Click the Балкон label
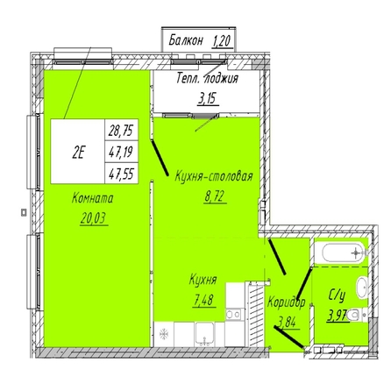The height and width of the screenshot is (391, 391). pyautogui.click(x=186, y=40)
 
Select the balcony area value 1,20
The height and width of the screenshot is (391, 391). pyautogui.click(x=222, y=41)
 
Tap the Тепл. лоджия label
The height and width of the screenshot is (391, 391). pyautogui.click(x=207, y=79)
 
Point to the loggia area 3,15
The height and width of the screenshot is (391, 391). pyautogui.click(x=208, y=99)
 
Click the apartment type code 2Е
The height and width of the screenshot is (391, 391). pyautogui.click(x=78, y=152)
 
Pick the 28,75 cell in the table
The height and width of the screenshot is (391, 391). pyautogui.click(x=121, y=130)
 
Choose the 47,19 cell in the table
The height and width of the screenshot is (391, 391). pyautogui.click(x=121, y=152)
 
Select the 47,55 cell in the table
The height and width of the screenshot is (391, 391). pyautogui.click(x=121, y=174)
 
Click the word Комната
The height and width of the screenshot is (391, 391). pyautogui.click(x=92, y=198)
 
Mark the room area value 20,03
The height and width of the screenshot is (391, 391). pyautogui.click(x=94, y=218)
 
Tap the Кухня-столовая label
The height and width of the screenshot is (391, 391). pyautogui.click(x=214, y=177)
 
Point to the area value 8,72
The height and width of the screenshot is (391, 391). pyautogui.click(x=216, y=196)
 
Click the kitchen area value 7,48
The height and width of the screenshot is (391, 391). pyautogui.click(x=204, y=300)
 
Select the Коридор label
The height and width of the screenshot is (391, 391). pyautogui.click(x=287, y=302)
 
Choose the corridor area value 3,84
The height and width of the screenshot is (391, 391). pyautogui.click(x=288, y=322)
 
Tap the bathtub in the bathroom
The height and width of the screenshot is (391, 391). pyautogui.click(x=344, y=252)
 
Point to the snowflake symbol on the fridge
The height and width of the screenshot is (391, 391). pyautogui.click(x=164, y=334)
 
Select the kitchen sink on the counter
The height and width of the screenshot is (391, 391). pyautogui.click(x=205, y=334)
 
